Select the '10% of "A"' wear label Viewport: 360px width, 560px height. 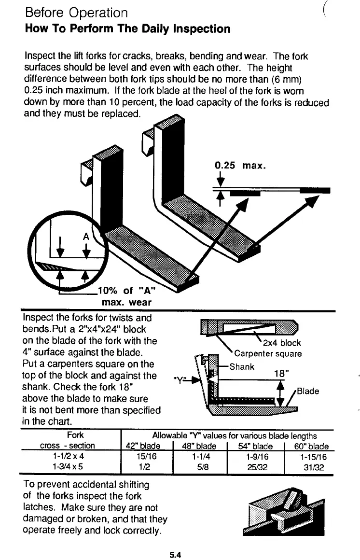[x=127, y=291]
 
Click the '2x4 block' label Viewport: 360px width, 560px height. [x=282, y=343]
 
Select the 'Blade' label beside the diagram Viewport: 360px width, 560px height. [x=308, y=391]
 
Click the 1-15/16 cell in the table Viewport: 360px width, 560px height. [x=314, y=455]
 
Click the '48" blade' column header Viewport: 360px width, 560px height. [x=199, y=446]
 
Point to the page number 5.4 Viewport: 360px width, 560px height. [x=175, y=555]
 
